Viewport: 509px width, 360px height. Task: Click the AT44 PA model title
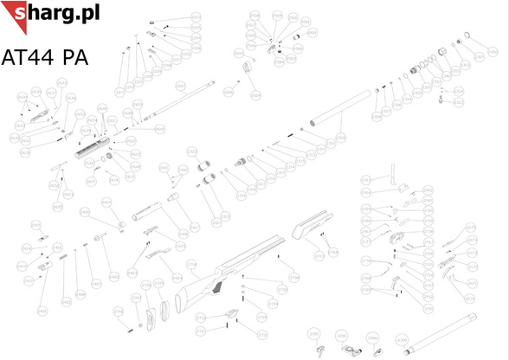coord(44,57)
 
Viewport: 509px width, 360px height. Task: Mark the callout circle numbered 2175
coord(471,227)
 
